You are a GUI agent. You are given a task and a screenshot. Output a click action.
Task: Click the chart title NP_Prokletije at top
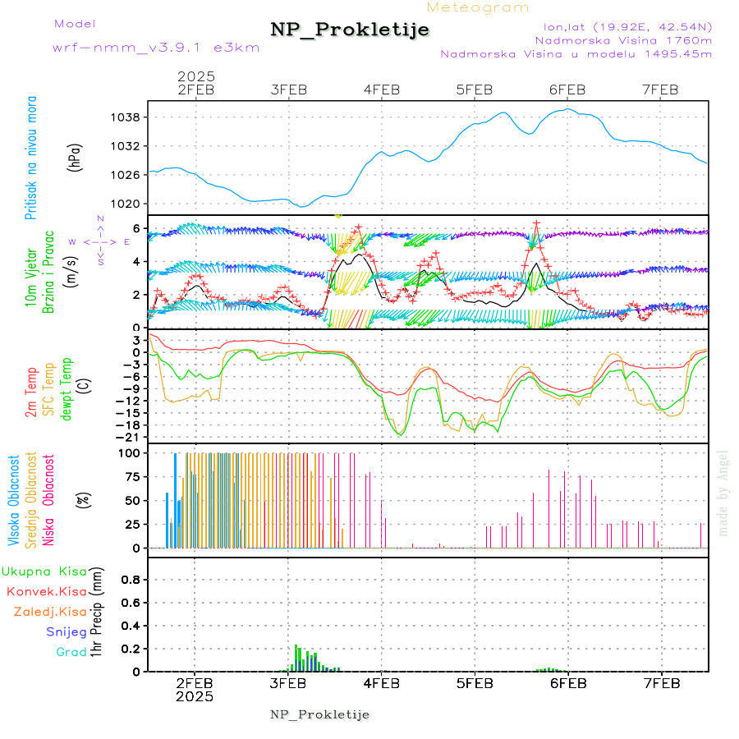350,30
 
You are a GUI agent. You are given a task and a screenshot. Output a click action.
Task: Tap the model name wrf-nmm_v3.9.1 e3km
156,48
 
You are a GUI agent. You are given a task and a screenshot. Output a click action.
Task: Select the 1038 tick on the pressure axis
126,117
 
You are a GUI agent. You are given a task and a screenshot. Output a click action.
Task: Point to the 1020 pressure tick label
126,204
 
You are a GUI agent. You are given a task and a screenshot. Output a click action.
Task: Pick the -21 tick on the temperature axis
130,438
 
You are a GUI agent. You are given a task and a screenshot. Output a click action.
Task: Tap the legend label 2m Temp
31,393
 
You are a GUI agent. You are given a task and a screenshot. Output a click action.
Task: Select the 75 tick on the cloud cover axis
130,475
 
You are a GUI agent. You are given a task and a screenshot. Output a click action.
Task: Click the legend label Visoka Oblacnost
14,499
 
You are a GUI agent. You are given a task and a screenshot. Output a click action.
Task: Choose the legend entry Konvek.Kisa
46,591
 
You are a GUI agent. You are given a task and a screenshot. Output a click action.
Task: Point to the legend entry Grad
71,653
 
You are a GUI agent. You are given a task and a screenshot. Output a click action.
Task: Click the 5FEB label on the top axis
475,90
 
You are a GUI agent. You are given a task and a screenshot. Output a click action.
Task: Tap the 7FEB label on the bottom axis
661,683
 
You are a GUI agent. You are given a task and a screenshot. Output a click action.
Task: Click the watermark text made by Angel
723,493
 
